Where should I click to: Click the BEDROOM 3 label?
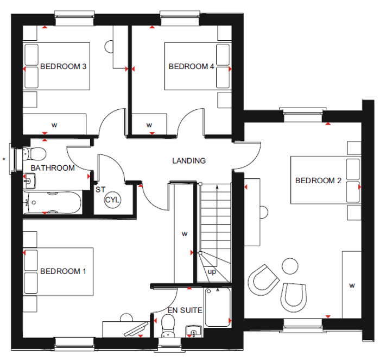pos(64,67)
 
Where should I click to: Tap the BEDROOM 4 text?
pos(191,67)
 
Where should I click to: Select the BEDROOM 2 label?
pos(318,181)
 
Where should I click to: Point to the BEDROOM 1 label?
pos(63,271)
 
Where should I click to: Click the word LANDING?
pos(189,161)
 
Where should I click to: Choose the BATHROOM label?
pos(53,168)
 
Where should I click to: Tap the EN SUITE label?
pos(185,311)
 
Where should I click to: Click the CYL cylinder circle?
pos(112,200)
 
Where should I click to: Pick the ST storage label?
pos(100,190)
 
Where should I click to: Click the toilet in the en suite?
pos(168,325)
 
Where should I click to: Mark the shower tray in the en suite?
pos(218,307)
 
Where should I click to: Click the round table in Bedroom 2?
pos(290,266)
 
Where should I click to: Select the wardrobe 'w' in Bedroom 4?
pos(149,125)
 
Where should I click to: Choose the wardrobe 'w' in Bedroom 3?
pos(54,125)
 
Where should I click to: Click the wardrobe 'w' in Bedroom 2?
pos(352,284)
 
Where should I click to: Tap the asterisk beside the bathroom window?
pos(4,159)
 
